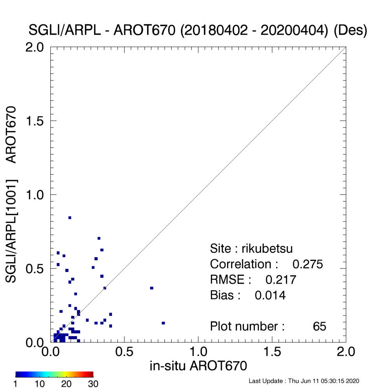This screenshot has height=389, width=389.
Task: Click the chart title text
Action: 198,30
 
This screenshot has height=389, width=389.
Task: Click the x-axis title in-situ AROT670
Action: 198,366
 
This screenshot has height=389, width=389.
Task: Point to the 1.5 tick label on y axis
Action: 35,121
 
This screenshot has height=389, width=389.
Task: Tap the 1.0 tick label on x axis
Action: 198,352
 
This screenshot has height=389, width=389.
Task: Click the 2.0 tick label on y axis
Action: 35,47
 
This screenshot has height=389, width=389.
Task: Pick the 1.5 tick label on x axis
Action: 272,352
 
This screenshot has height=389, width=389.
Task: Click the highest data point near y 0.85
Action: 70,218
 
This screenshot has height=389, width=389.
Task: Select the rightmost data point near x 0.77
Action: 163,323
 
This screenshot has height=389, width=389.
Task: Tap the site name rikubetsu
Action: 267,249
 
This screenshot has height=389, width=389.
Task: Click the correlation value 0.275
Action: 308,264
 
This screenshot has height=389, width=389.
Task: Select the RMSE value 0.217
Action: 281,280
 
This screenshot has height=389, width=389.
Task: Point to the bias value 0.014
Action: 270,296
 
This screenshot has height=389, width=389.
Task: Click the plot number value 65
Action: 319,326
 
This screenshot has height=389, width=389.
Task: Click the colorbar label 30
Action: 93,384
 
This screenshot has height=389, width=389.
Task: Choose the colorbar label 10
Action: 40,384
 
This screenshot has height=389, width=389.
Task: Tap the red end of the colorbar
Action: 92,374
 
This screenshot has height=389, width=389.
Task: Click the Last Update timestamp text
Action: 304,381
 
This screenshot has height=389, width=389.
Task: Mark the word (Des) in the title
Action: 350,30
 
